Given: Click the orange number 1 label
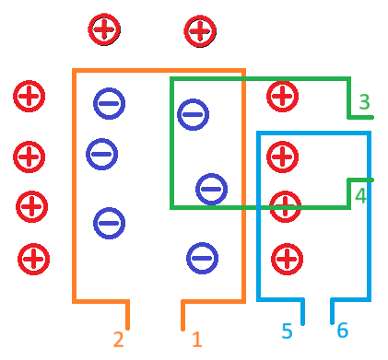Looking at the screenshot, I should pos(196,340).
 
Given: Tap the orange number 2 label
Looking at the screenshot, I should pos(118,340).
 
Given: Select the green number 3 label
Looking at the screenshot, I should pos(363,102).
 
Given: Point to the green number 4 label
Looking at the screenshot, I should pos(360,195).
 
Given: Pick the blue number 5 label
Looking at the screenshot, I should pos(287,331).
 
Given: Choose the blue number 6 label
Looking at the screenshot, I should pos(342,331).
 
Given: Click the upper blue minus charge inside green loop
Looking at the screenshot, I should pos(194,114).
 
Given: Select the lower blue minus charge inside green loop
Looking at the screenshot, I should pos(211,189).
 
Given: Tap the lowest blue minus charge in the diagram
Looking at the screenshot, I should pos(202,258).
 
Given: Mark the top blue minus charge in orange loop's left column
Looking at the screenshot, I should pos(109,103).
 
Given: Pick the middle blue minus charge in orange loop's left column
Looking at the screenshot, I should pos(101,154).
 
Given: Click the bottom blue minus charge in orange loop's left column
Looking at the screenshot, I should pos(109,223).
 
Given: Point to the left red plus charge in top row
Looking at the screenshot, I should pos(103,29).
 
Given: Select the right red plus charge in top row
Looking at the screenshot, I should pos(199,30).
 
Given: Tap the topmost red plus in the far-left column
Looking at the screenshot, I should pos(29,96).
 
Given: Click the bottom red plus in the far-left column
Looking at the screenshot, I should pos(33,259).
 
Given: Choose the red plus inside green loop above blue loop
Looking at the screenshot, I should pos(283,96).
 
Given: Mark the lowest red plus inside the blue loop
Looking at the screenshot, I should pos(287,259).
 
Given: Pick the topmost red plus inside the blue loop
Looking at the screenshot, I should pos(283,157).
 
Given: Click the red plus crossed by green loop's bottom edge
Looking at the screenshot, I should pos(286,206).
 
